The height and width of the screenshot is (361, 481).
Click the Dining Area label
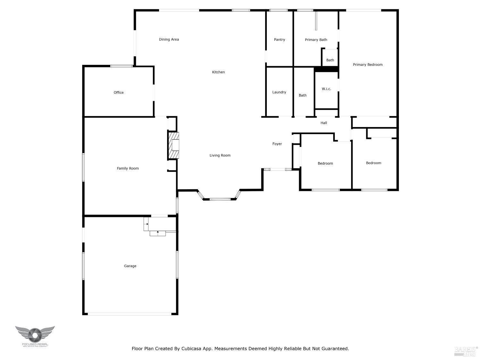click(x=169, y=39)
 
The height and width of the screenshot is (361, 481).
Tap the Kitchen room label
click(x=218, y=72)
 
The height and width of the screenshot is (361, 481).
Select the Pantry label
click(x=279, y=40)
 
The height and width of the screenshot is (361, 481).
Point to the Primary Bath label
click(x=316, y=40)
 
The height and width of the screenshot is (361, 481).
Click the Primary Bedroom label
click(x=367, y=65)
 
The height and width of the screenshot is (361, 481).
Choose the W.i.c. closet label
click(x=326, y=89)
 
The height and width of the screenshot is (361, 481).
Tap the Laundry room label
click(x=279, y=92)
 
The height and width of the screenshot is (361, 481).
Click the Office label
click(x=118, y=93)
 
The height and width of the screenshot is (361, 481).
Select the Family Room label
click(x=128, y=168)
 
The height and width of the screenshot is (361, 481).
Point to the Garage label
click(x=130, y=266)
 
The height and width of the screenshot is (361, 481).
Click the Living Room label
click(x=220, y=156)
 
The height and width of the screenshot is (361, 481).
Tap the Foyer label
click(x=277, y=144)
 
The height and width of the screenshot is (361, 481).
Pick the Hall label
click(x=324, y=123)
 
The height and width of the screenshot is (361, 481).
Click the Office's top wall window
click(x=121, y=66)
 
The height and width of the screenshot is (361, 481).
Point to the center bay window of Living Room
click(x=220, y=199)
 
